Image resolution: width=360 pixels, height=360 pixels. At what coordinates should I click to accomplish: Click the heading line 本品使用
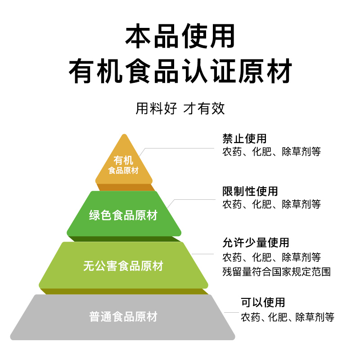(x=180, y=37)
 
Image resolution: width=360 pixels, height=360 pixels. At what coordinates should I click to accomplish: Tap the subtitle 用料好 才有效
(x=180, y=108)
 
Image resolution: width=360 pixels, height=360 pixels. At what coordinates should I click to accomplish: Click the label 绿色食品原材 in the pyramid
(x=123, y=215)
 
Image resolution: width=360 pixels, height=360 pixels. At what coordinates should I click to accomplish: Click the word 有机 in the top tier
(x=124, y=160)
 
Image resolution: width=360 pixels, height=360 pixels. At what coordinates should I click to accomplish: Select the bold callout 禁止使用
(x=244, y=138)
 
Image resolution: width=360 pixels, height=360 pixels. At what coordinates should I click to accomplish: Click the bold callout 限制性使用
(x=250, y=191)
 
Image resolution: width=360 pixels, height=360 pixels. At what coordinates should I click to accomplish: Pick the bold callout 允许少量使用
(x=256, y=243)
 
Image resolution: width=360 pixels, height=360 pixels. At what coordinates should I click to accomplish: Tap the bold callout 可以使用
(x=263, y=302)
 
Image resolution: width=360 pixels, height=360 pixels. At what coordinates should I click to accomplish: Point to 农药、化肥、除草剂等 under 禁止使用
(x=271, y=152)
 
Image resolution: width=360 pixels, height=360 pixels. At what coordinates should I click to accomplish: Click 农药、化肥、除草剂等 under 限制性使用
(x=271, y=204)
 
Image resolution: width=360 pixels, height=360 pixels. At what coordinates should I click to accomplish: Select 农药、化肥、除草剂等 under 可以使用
(x=288, y=317)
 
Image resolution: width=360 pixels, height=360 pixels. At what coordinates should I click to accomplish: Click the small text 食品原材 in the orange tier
(x=124, y=171)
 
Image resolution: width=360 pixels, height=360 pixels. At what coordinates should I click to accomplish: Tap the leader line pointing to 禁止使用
(x=180, y=147)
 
